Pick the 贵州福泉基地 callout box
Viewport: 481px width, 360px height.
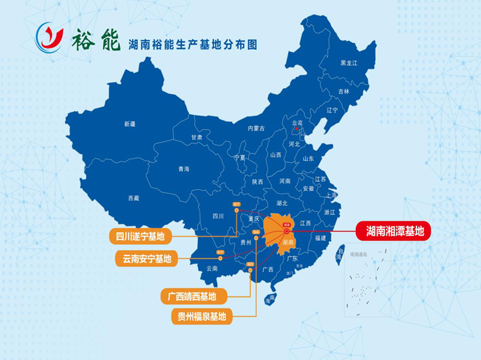point(201,315)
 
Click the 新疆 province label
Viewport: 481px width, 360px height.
point(130,124)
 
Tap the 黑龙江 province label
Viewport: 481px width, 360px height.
point(349,63)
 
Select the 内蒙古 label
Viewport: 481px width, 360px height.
point(256,128)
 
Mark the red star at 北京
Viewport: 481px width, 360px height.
point(297,128)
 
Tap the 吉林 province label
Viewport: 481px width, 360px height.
point(343,92)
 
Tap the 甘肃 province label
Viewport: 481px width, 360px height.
point(197,138)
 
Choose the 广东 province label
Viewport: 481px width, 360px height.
point(292,259)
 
